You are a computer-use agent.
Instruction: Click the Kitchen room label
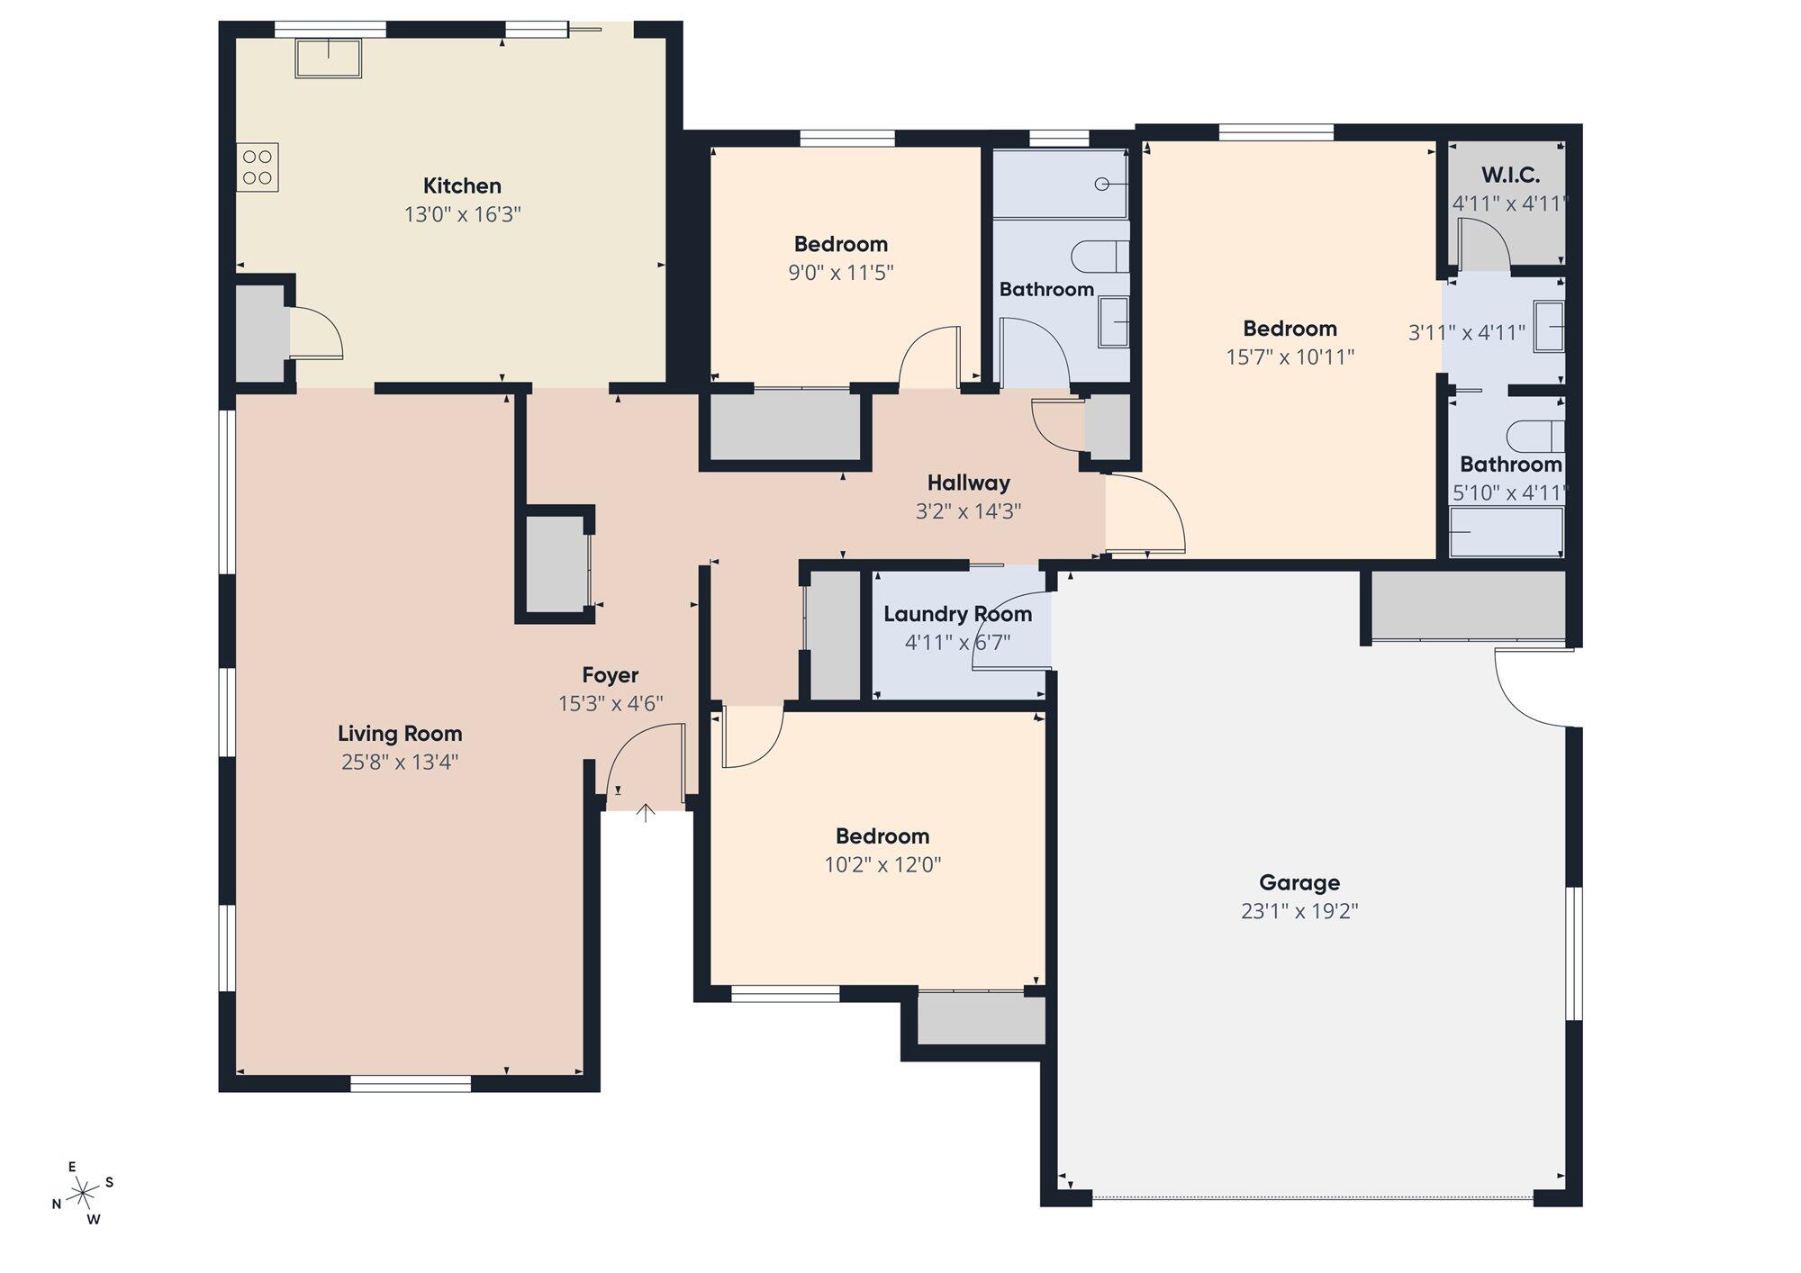[x=462, y=186]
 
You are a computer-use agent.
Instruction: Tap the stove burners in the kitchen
[x=258, y=167]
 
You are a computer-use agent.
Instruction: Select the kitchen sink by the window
[x=329, y=58]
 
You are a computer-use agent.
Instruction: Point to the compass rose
[x=83, y=1194]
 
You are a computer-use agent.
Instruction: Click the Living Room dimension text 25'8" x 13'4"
[x=400, y=763]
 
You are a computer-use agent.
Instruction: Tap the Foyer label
[x=611, y=675]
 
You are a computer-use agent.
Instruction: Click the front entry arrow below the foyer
[x=646, y=813]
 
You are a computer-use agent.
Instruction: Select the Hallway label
[x=969, y=483]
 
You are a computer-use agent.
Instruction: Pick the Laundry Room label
[x=957, y=614]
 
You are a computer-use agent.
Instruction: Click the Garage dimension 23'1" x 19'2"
[x=1299, y=911]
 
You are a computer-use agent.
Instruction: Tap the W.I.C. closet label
[x=1510, y=176]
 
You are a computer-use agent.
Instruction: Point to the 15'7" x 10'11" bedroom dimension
[x=1290, y=357]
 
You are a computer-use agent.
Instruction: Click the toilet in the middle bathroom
[x=1100, y=257]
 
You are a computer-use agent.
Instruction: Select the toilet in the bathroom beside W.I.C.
[x=1536, y=436]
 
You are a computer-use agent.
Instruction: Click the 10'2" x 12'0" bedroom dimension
[x=882, y=865]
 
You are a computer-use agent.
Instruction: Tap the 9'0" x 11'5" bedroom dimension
[x=841, y=273]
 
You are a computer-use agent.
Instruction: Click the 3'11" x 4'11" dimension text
[x=1467, y=333]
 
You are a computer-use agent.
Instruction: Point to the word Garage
[x=1299, y=882]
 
